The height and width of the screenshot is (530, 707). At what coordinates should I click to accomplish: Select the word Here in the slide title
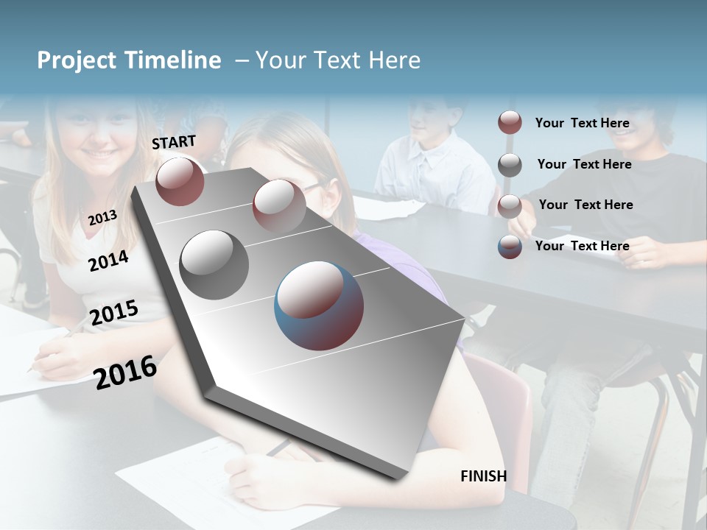(x=394, y=60)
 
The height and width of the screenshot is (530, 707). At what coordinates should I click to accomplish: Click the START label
(x=174, y=142)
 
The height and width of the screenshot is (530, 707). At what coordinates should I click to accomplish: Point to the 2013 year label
(x=102, y=217)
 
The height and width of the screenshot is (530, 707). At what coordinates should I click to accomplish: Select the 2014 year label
(x=109, y=261)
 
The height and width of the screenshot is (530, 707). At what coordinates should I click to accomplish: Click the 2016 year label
(x=125, y=372)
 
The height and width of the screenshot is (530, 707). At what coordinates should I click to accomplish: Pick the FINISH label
(x=484, y=476)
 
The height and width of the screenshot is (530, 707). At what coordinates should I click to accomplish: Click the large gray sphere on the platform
(x=214, y=265)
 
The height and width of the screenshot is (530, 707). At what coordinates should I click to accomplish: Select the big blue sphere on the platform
(x=319, y=305)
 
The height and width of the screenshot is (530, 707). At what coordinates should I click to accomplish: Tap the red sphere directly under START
(x=180, y=181)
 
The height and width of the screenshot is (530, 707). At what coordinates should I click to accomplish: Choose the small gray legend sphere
(x=510, y=165)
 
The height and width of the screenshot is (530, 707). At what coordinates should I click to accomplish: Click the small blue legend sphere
(x=510, y=247)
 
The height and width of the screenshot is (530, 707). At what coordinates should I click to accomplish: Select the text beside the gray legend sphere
(x=584, y=164)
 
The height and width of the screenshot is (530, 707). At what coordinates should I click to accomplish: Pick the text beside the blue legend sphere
(x=582, y=246)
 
